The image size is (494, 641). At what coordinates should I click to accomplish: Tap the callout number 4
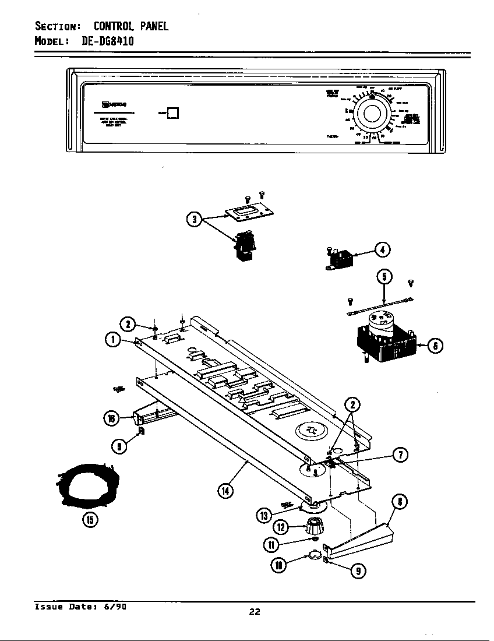click(x=382, y=250)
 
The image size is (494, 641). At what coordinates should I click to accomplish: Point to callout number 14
click(x=224, y=491)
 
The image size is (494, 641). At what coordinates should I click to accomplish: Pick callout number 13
click(x=264, y=515)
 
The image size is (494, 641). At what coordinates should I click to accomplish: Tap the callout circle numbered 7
click(x=400, y=455)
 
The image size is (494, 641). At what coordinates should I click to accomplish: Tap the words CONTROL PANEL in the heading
click(x=131, y=26)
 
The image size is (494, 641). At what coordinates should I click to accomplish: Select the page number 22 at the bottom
click(x=254, y=611)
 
